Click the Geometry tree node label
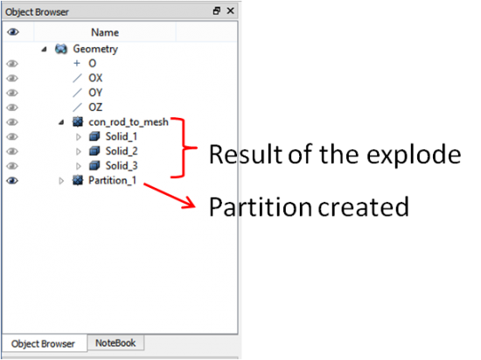95,49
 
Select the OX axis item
95,78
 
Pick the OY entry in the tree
95,93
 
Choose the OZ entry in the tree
95,107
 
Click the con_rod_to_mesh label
129,122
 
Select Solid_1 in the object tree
122,136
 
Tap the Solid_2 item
122,151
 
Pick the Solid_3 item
122,166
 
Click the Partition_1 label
112,181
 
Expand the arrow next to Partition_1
61,181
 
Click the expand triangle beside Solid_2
79,151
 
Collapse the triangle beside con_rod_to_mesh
61,122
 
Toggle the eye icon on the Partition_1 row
12,181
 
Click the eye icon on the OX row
12,78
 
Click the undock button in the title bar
217,11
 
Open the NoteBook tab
115,343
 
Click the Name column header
105,32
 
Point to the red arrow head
189,203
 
